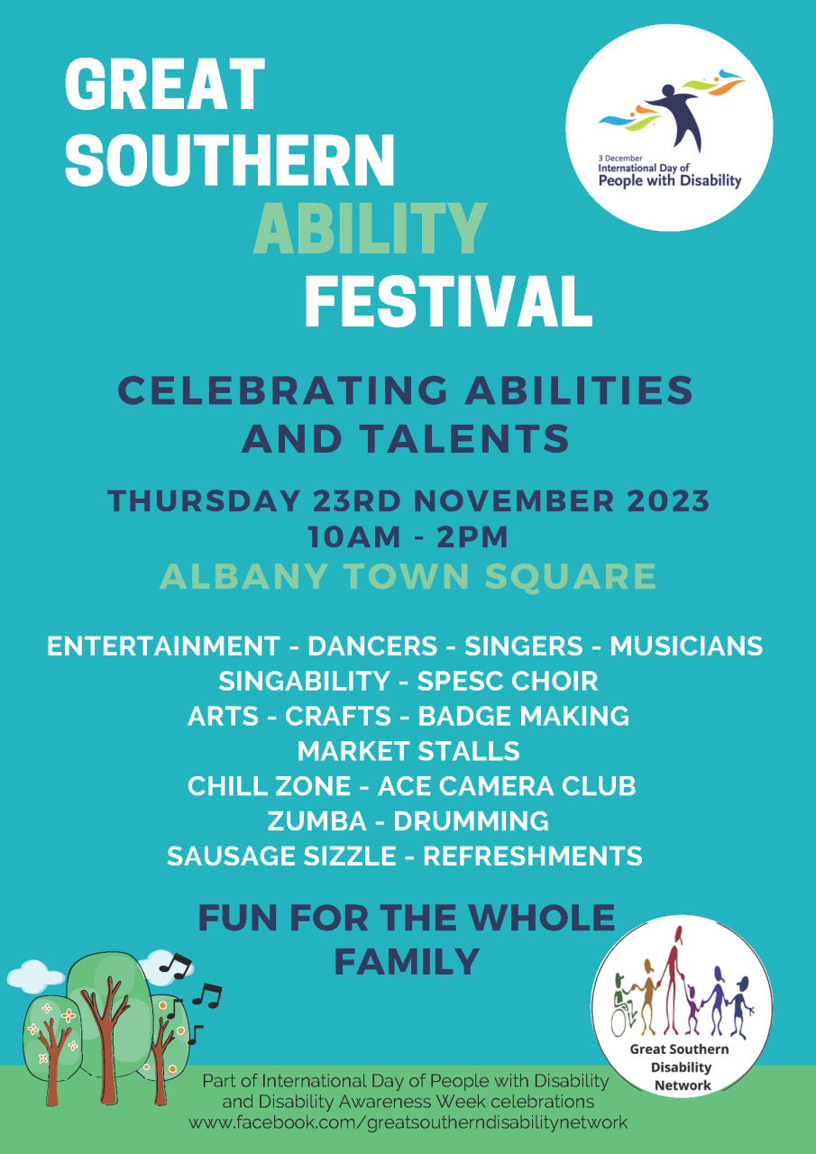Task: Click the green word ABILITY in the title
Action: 370,227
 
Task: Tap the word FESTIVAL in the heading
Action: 448,301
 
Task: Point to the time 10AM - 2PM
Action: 408,536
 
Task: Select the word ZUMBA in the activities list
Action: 316,821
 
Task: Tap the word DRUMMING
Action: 471,821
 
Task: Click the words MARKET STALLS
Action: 408,751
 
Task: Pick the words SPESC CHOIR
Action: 508,681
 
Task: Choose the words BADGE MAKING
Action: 523,716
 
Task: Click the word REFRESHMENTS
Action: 533,856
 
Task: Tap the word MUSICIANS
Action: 686,646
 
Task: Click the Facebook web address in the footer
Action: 408,1122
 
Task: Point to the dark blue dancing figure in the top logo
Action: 680,116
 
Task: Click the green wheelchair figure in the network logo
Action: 624,1006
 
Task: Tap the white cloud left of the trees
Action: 35,975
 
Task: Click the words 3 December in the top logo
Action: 620,158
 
